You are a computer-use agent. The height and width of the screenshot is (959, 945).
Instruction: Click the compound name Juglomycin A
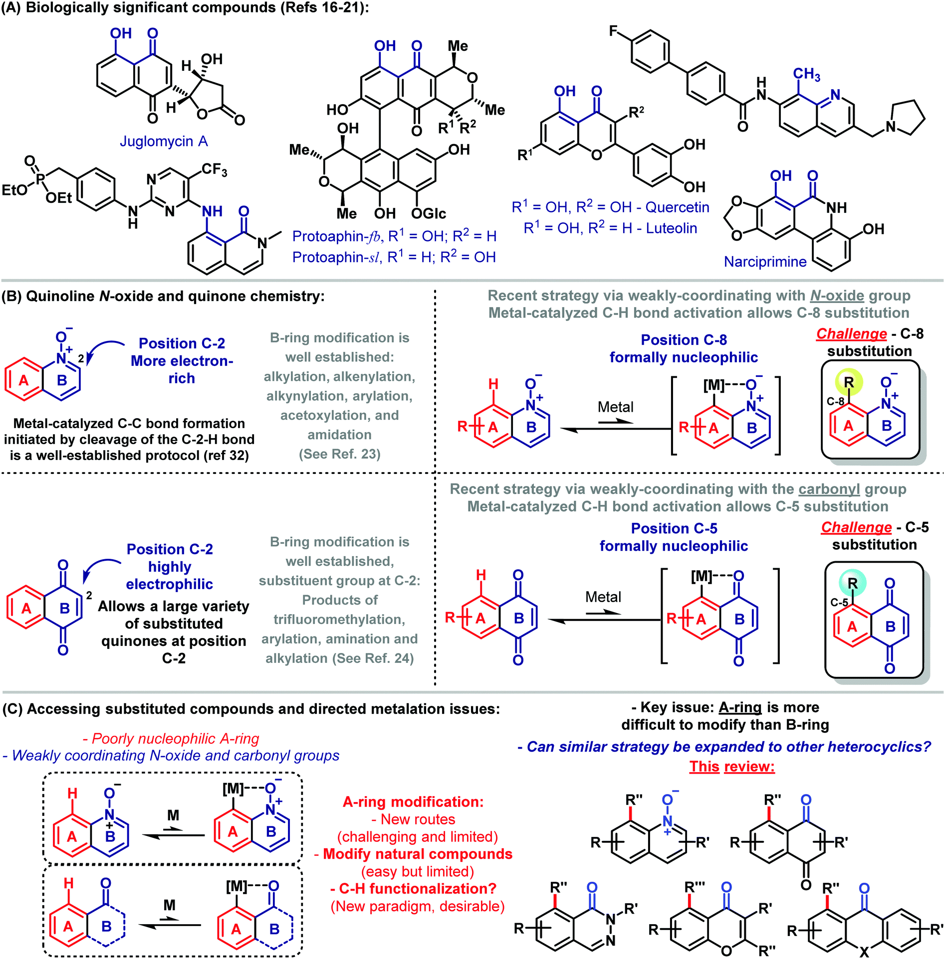(164, 142)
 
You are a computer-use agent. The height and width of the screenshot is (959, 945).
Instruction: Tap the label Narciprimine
(765, 262)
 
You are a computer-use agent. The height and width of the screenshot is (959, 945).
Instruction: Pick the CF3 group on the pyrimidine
(215, 170)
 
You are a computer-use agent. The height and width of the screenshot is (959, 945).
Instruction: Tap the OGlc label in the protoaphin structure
(429, 214)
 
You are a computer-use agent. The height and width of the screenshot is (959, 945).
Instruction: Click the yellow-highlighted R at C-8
(849, 382)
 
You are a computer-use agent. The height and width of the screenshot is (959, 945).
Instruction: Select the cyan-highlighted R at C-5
(853, 583)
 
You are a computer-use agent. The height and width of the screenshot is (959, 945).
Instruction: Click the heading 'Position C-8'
(684, 340)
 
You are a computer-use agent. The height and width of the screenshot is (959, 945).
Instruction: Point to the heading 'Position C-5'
(674, 528)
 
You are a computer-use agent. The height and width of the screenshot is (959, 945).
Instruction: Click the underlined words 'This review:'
(732, 766)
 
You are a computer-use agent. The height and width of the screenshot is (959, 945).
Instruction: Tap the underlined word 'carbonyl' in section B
(829, 489)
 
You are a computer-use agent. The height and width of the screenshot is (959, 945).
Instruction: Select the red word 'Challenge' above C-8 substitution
(851, 334)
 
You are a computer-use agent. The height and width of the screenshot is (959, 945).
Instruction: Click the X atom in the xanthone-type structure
(864, 952)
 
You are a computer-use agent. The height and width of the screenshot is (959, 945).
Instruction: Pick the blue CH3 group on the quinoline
(806, 75)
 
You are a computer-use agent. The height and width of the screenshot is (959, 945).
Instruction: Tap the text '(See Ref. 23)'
(339, 454)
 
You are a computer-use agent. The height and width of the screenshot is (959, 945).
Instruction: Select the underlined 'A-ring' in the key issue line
(740, 708)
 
